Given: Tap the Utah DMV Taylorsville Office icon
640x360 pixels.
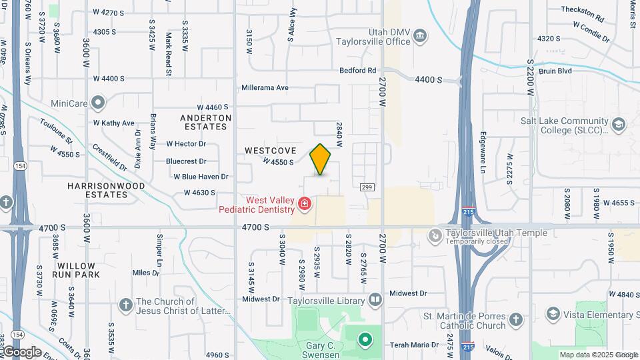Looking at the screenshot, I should [x=420, y=35].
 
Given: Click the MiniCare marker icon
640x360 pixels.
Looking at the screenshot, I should [x=99, y=103].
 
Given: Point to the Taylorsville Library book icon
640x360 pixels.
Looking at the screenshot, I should [x=375, y=300].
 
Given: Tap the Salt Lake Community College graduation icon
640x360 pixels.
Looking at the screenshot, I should [x=619, y=125].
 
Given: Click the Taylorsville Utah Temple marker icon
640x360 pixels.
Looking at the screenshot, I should [x=435, y=235].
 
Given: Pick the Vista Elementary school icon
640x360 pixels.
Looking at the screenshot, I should [x=552, y=313].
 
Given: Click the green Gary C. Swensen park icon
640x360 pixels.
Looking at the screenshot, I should [x=365, y=340].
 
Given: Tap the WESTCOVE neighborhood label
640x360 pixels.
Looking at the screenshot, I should [x=270, y=151].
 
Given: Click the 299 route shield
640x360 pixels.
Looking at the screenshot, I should [x=366, y=187].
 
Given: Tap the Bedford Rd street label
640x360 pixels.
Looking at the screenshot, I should [x=358, y=70].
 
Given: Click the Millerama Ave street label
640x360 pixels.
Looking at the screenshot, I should [x=265, y=87].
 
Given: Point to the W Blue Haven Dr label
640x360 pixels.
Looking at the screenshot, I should [x=201, y=177].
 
